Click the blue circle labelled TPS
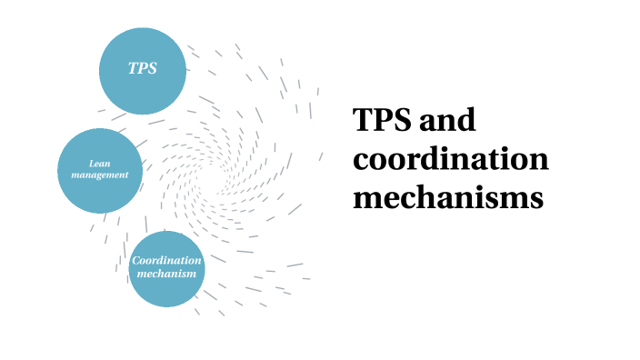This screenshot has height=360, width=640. coord(143,70)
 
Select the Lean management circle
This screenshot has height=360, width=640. coord(100,170)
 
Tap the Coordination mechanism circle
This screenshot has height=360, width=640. coord(166,268)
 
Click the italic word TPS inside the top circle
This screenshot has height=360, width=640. coord(143,70)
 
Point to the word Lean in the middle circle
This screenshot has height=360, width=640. coord(100,163)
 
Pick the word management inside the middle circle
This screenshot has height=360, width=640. coord(100,175)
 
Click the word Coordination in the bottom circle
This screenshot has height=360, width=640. coord(166,262)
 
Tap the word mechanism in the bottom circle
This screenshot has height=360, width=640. coord(166,274)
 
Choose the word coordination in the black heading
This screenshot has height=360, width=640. coord(451,159)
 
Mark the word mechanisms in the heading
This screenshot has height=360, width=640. coord(448,197)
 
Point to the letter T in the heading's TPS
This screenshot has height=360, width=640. coord(364,121)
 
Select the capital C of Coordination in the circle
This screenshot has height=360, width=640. coord(136,262)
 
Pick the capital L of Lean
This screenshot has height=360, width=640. coord(92,163)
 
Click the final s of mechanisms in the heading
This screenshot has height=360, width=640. coord(536,198)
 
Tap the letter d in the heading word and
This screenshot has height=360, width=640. coord(467,121)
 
